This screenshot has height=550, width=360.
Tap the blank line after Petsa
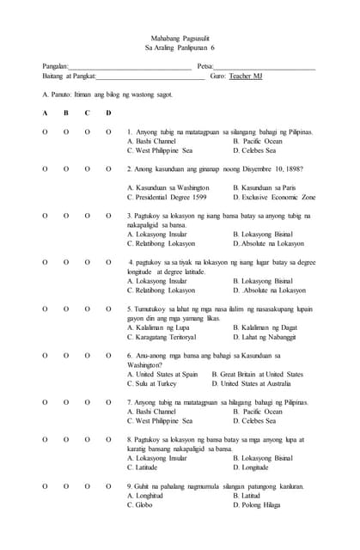(265, 66)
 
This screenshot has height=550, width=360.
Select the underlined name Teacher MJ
(247, 76)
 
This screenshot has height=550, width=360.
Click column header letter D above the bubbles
(108, 113)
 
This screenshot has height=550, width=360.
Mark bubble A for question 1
(44, 132)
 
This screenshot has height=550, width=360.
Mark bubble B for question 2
(65, 169)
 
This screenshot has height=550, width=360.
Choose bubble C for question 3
(87, 216)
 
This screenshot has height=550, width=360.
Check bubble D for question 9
(108, 486)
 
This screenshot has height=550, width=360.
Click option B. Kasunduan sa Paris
(265, 187)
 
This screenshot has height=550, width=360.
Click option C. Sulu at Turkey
(151, 383)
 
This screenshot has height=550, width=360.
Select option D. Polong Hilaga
(257, 504)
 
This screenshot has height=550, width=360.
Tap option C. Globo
(140, 504)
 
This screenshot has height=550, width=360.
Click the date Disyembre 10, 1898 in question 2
(263, 169)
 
